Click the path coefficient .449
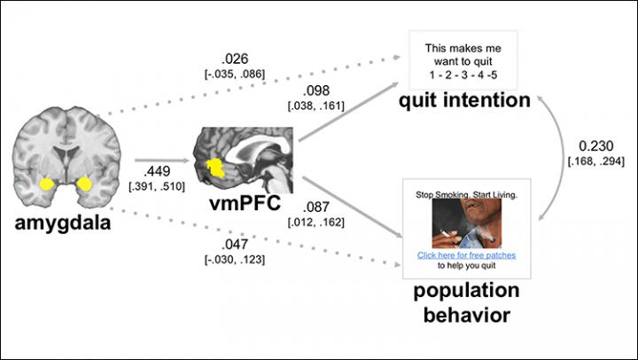tap(157, 171)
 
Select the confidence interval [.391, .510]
tap(157, 186)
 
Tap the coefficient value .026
tap(235, 59)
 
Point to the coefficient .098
tap(315, 90)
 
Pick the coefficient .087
tap(315, 207)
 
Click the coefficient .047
tap(235, 244)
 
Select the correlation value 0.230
tap(596, 145)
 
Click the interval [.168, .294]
tap(596, 161)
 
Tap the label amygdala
tap(63, 223)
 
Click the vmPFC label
tap(245, 203)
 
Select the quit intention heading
tap(464, 100)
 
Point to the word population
tap(466, 291)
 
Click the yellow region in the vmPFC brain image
tap(214, 168)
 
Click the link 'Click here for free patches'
tap(466, 255)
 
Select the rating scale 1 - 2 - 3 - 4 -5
tap(463, 75)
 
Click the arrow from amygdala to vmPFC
tap(162, 160)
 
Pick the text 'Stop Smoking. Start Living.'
tap(466, 195)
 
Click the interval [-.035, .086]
tap(235, 74)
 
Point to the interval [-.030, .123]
tap(235, 260)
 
